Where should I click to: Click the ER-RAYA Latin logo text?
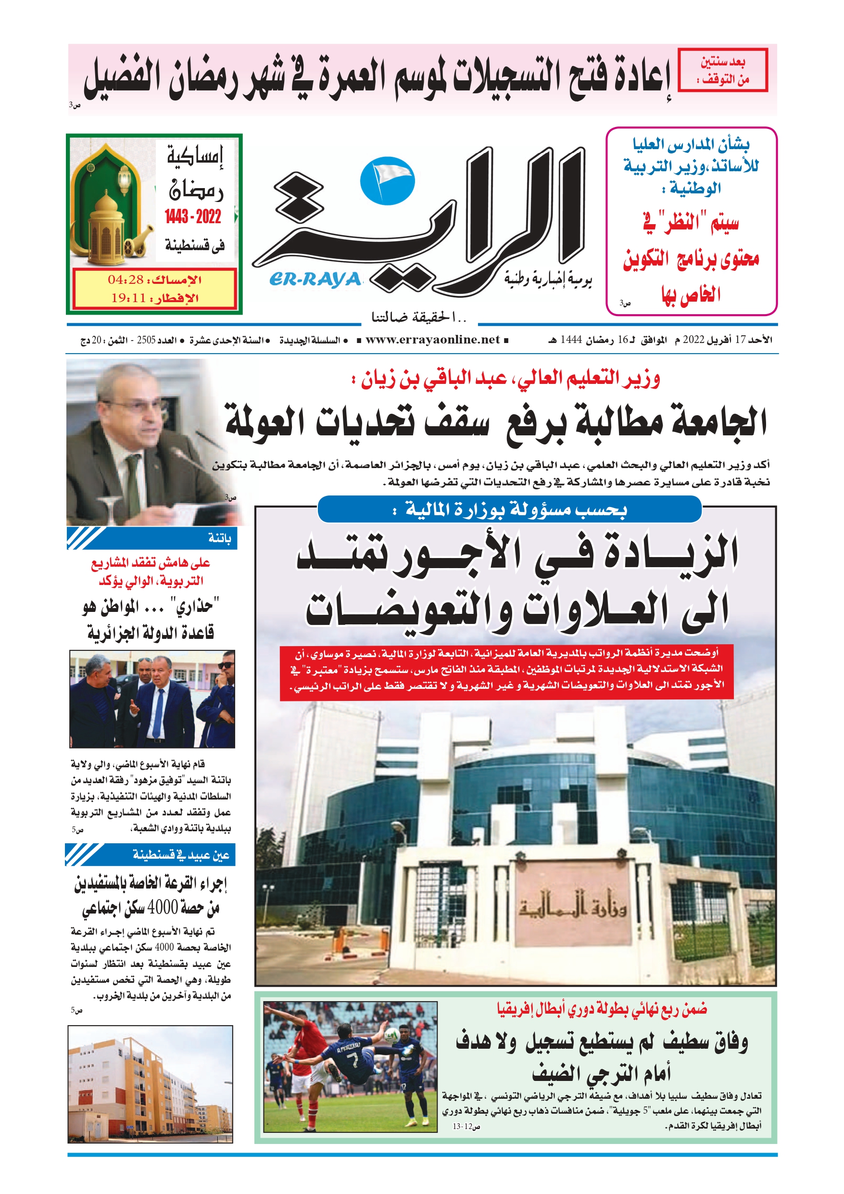coord(315,280)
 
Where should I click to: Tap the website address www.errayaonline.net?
coord(433,340)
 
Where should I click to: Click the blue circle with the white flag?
coord(388,181)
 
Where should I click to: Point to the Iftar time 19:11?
coord(128,298)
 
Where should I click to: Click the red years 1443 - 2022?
coord(193,216)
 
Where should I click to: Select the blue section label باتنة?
coord(219,538)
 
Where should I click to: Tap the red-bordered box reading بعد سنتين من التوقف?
coord(723,70)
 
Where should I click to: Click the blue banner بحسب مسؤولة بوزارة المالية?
coord(510,509)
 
